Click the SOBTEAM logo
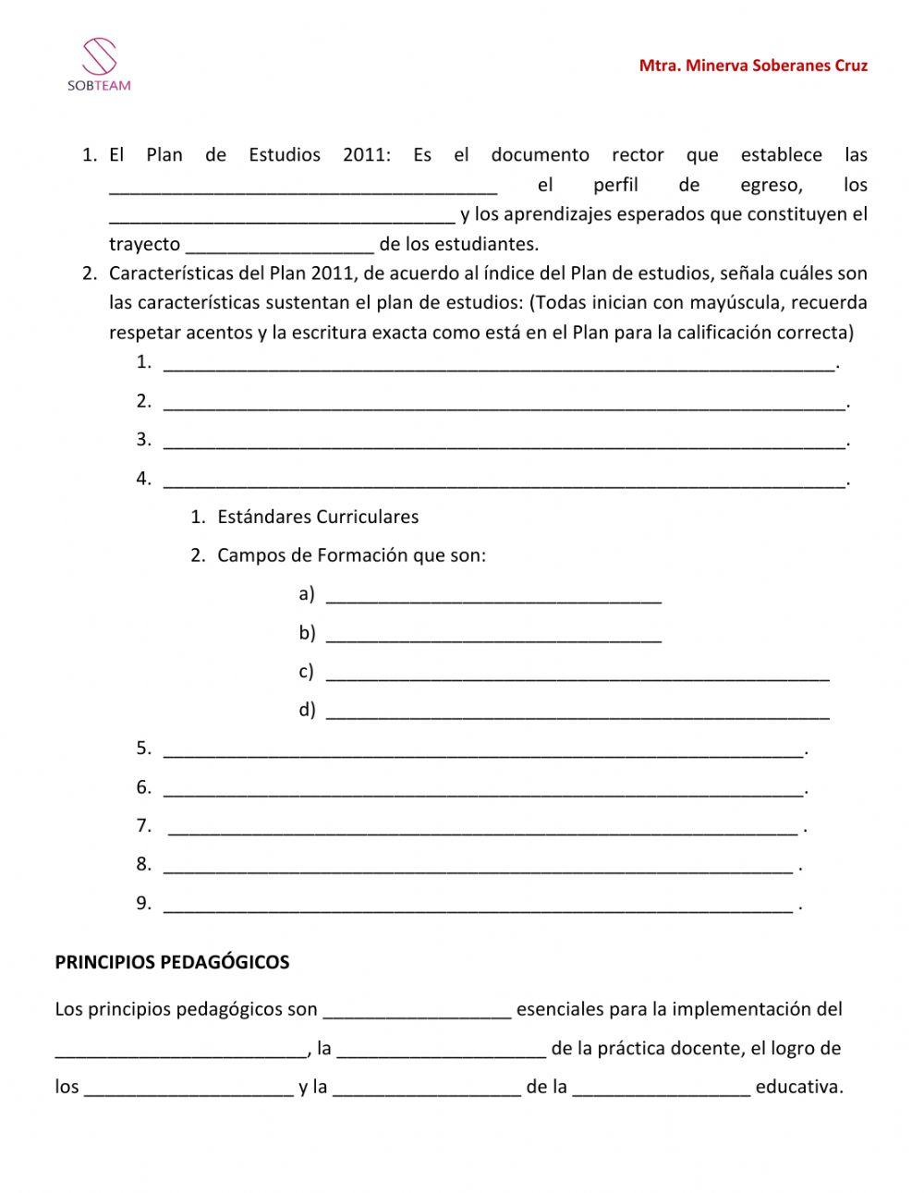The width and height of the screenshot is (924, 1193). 99,65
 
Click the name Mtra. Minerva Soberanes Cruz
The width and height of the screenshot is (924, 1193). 753,66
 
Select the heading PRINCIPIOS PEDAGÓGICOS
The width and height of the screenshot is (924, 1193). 172,962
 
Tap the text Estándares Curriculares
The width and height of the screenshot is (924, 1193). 318,517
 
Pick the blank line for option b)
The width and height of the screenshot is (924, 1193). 494,635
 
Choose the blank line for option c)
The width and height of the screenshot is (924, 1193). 578,674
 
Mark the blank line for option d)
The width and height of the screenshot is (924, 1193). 578,712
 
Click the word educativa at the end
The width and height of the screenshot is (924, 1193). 799,1087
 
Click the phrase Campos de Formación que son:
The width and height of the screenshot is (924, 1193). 351,555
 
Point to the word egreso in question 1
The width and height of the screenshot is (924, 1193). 772,184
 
